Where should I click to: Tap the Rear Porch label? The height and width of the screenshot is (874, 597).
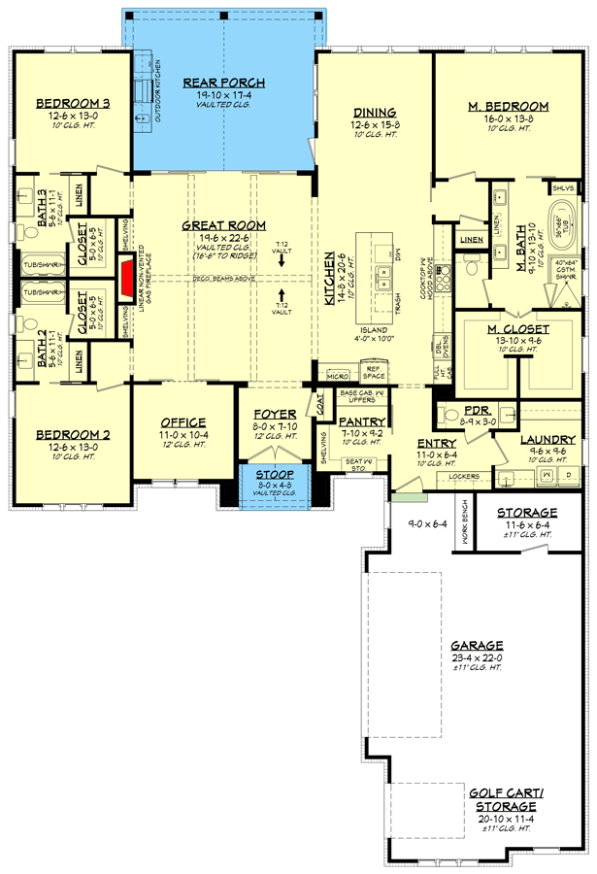(x=224, y=83)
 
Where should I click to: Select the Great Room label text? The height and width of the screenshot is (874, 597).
(x=224, y=225)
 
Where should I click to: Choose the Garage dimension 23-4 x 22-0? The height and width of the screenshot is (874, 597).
(x=476, y=657)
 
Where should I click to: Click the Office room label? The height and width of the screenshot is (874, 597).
(x=182, y=421)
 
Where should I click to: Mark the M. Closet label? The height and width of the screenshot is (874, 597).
(x=517, y=329)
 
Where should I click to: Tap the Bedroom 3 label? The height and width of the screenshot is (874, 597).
(x=72, y=103)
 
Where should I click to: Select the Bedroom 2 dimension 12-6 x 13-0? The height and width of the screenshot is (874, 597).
(x=72, y=446)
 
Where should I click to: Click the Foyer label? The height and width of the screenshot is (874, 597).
(x=274, y=414)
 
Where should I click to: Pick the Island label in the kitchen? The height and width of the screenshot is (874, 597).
(x=374, y=329)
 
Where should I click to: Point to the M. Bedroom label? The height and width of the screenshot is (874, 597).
(x=509, y=106)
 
